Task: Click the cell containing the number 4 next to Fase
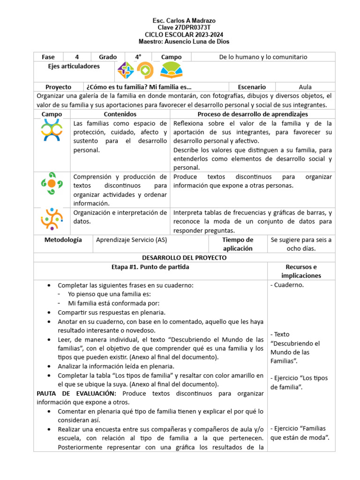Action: tap(77, 57)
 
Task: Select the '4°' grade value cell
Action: tap(138, 57)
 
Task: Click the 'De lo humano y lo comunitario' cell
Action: tap(263, 57)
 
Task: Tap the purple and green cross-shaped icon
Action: tap(126, 70)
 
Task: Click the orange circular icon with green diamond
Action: tap(145, 70)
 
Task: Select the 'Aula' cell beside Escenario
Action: tap(305, 87)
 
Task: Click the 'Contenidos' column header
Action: tap(120, 114)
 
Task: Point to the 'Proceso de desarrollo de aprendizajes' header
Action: tap(253, 114)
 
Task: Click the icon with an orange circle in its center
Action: tap(52, 183)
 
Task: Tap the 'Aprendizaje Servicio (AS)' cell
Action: tap(131, 240)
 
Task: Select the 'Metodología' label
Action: tap(63, 240)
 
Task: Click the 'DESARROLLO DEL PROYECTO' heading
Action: tap(184, 258)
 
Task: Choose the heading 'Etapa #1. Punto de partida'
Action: tap(150, 267)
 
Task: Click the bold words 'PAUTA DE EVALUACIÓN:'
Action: tap(73, 393)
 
